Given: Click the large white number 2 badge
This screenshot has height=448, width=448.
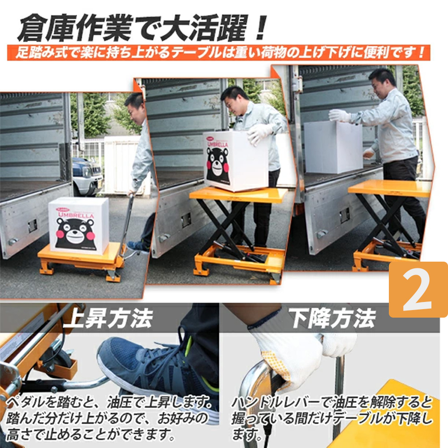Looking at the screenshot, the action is pyautogui.click(x=418, y=289).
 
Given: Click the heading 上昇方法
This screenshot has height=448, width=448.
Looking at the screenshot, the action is pyautogui.click(x=108, y=318).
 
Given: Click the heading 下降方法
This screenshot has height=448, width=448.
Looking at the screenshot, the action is pyautogui.click(x=332, y=318).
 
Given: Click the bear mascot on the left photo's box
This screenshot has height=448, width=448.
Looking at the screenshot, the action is pyautogui.click(x=75, y=233).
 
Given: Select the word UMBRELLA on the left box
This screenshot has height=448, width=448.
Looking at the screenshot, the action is pyautogui.click(x=76, y=215).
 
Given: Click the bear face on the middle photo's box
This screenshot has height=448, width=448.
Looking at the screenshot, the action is pyautogui.click(x=218, y=165).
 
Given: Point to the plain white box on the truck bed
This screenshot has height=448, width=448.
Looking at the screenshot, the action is pyautogui.click(x=333, y=147).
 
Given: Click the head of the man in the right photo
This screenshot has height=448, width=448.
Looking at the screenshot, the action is pyautogui.click(x=382, y=83).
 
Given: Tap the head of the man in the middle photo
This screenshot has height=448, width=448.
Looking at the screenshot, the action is pyautogui.click(x=235, y=99).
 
